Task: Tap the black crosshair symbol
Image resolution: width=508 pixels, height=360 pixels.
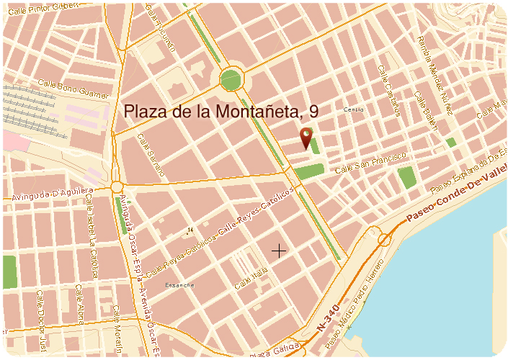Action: click(x=278, y=250)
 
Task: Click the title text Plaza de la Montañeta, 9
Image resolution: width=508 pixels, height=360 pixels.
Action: click(x=221, y=112)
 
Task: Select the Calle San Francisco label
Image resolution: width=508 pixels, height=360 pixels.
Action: click(x=372, y=163)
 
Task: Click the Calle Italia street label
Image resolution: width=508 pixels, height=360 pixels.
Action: click(x=251, y=277)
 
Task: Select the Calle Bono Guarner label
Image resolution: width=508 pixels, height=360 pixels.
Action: click(x=73, y=89)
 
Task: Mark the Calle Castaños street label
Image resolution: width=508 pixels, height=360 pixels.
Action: click(x=388, y=90)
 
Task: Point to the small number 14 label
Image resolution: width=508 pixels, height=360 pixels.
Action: click(x=190, y=230)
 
